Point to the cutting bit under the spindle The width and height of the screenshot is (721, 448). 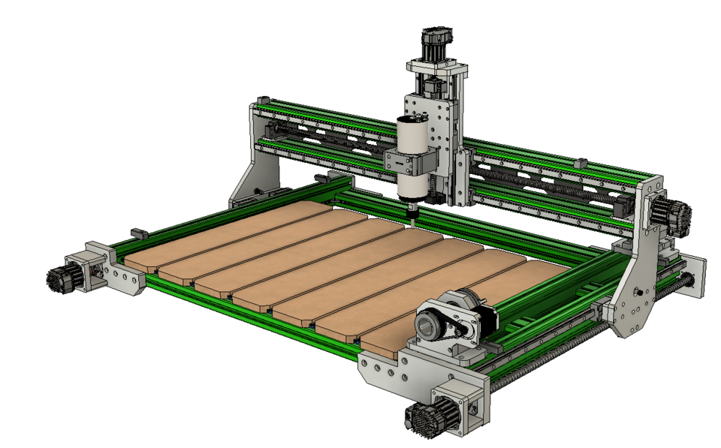pyautogui.click(x=412, y=213)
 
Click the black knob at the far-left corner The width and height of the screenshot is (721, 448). pyautogui.click(x=59, y=280)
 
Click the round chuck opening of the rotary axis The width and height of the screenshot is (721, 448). pyautogui.click(x=428, y=325)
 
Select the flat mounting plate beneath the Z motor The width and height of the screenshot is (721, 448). pyautogui.click(x=437, y=68)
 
